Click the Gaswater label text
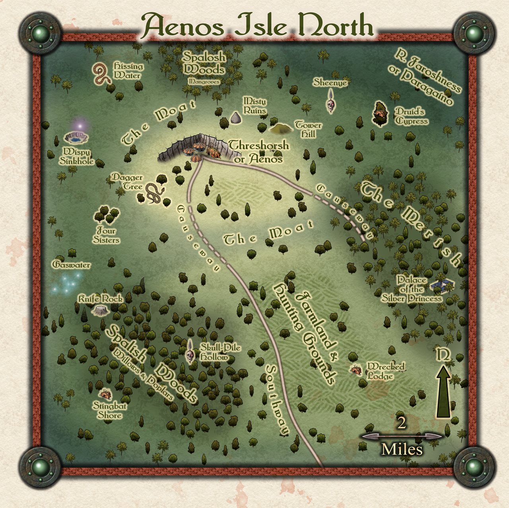(x=72, y=265)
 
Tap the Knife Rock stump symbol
(x=99, y=310)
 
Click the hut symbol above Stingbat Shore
(x=105, y=394)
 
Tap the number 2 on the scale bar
(x=402, y=424)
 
